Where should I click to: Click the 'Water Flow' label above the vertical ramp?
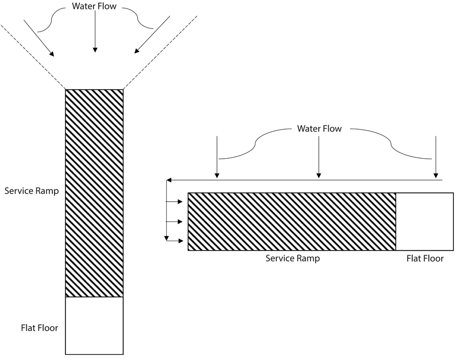click(95, 7)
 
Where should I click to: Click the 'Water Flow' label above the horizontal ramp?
click(319, 129)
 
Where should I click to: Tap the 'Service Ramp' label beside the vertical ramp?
click(31, 190)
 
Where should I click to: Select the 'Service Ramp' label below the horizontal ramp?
click(292, 258)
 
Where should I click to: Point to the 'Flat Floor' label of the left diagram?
click(39, 327)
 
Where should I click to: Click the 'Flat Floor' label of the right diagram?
click(425, 258)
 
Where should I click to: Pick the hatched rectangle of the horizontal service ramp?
click(292, 221)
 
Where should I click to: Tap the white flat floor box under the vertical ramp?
click(94, 325)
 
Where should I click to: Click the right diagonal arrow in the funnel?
click(152, 35)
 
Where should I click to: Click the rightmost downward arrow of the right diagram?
click(436, 156)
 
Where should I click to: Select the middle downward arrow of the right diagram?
click(319, 156)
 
